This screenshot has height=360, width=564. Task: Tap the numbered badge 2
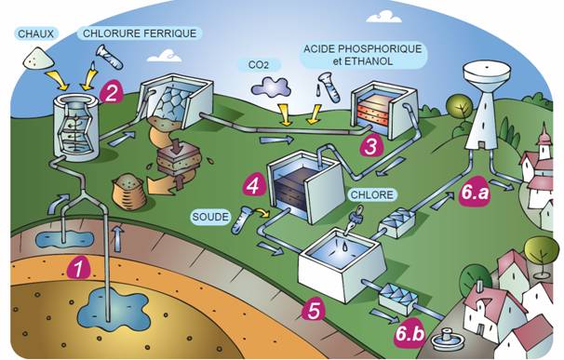pos(114,91)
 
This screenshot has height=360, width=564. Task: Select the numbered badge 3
pos(370,145)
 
